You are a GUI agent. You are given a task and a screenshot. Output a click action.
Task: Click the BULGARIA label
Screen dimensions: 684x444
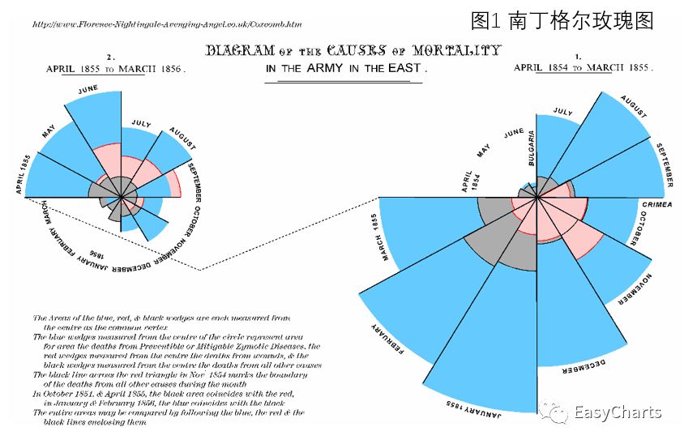532,146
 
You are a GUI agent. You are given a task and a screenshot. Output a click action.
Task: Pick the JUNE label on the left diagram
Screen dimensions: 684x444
89,89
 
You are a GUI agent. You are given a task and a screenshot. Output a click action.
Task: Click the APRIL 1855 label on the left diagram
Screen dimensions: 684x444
23,173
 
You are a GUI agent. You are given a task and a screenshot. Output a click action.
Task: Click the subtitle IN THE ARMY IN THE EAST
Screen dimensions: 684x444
345,69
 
